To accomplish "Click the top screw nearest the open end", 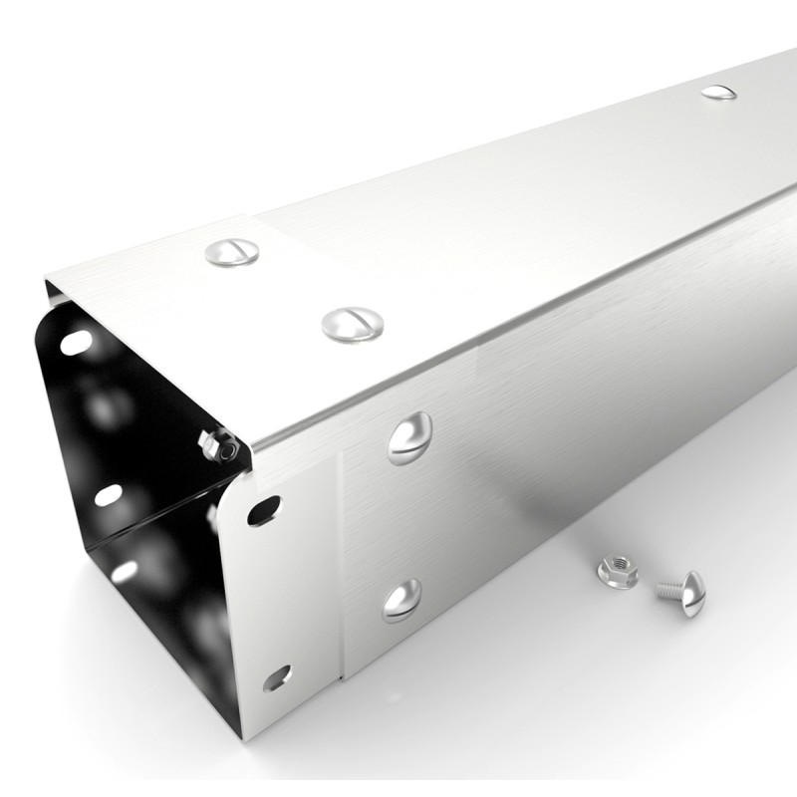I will [232, 252].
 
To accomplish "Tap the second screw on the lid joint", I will [353, 323].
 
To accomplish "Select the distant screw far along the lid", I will [718, 93].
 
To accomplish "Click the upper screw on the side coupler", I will [409, 438].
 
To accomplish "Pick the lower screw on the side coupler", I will [401, 601].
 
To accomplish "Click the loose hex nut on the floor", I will [617, 573].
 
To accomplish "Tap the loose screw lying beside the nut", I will [680, 591].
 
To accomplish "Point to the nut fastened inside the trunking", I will [218, 445].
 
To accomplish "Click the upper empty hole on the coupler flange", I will [264, 510].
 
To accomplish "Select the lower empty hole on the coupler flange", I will [277, 678].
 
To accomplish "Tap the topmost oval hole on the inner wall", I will [77, 342].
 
